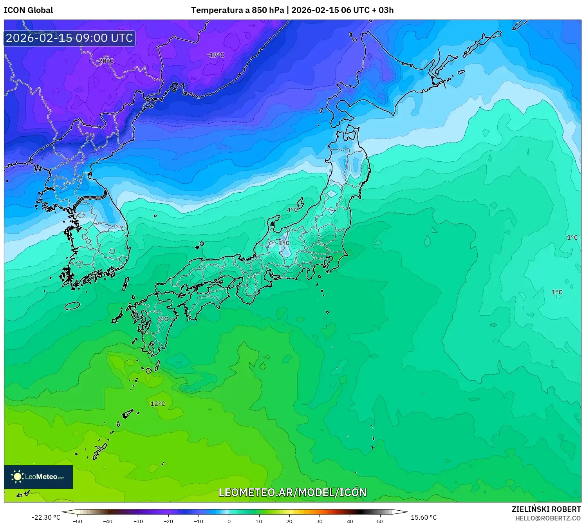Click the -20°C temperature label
coord(105,61)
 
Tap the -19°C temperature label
coord(216,55)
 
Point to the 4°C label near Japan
coord(292,210)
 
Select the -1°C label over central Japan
coord(283,243)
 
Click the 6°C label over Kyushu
coord(162,319)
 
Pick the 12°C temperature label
coord(158,404)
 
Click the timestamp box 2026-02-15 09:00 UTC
coord(70,38)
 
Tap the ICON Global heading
coord(28,10)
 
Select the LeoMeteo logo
coord(38,477)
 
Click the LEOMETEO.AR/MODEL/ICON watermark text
coord(292,492)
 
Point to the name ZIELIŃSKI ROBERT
coord(546,509)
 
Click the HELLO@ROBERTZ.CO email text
coord(548,518)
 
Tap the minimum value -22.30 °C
coord(46,517)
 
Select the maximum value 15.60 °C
coord(424,517)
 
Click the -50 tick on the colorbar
coord(78,521)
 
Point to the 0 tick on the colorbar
coord(229,521)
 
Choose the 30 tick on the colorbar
coord(320,521)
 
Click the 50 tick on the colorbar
coord(380,521)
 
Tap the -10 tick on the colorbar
coord(199,521)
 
